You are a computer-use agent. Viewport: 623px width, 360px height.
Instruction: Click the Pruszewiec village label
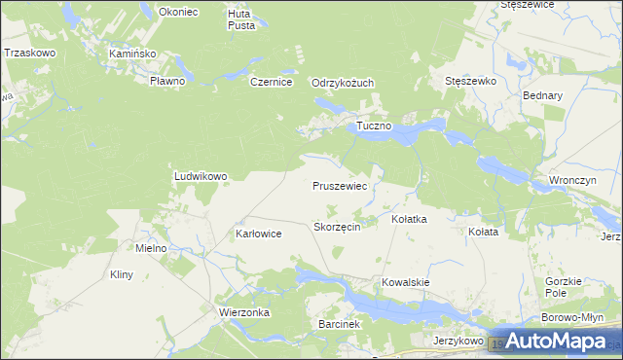click(339, 185)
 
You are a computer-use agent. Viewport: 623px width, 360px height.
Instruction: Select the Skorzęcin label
click(338, 226)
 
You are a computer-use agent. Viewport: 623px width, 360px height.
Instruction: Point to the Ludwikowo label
click(201, 176)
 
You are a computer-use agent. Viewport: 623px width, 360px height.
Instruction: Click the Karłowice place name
click(259, 234)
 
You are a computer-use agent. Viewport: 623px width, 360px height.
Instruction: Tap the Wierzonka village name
click(244, 312)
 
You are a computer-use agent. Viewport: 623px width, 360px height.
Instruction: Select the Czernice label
click(272, 83)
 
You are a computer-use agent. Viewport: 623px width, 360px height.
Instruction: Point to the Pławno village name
click(166, 81)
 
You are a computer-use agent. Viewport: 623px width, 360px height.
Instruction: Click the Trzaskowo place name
click(29, 53)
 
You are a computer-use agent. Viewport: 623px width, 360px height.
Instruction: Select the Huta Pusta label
click(241, 19)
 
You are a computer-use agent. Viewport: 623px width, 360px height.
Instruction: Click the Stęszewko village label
click(470, 82)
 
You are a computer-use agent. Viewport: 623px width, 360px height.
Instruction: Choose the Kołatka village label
click(409, 220)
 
